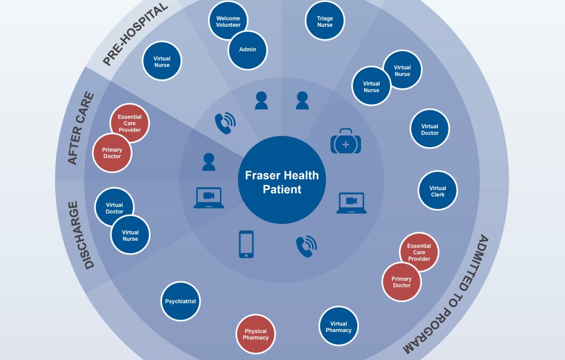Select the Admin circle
(x=248, y=50)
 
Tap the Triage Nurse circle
(x=325, y=21)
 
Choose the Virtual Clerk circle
(x=438, y=191)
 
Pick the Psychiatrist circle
(x=181, y=301)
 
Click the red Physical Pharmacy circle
(x=256, y=334)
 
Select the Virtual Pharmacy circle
(x=339, y=327)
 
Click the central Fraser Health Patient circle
(x=282, y=182)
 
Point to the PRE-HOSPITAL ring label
(x=135, y=35)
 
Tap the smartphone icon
(x=246, y=244)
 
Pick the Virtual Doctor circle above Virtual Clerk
(x=430, y=129)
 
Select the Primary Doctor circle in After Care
(x=112, y=153)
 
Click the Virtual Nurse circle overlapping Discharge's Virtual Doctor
(x=130, y=236)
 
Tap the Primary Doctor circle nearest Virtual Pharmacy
(x=401, y=282)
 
